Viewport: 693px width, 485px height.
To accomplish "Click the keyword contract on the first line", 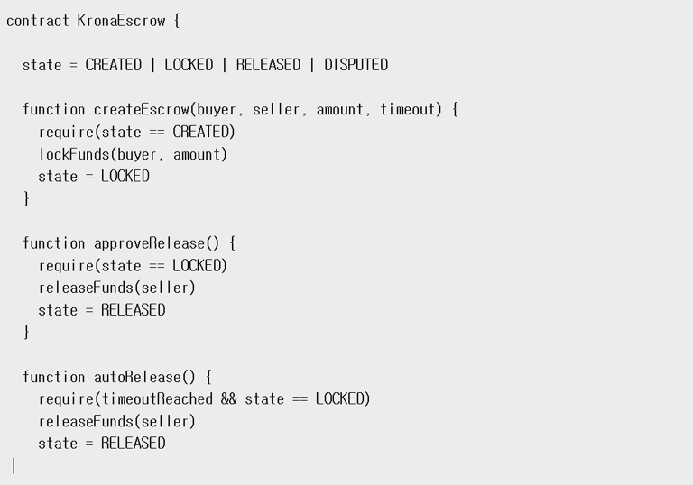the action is [37, 20].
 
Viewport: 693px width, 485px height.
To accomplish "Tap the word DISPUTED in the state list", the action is [356, 65].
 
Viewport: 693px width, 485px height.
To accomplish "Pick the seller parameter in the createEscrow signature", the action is [275, 110].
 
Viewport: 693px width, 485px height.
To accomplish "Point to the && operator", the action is [228, 399].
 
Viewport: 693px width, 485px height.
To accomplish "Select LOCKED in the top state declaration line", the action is [189, 65].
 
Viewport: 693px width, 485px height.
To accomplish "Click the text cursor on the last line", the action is [14, 466].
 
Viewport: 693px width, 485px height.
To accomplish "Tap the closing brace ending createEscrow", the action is [26, 199].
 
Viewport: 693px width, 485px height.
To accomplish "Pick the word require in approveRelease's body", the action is [65, 266].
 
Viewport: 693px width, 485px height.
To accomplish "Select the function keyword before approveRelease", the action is [53, 243].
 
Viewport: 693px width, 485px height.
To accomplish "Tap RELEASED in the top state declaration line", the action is [268, 65].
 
